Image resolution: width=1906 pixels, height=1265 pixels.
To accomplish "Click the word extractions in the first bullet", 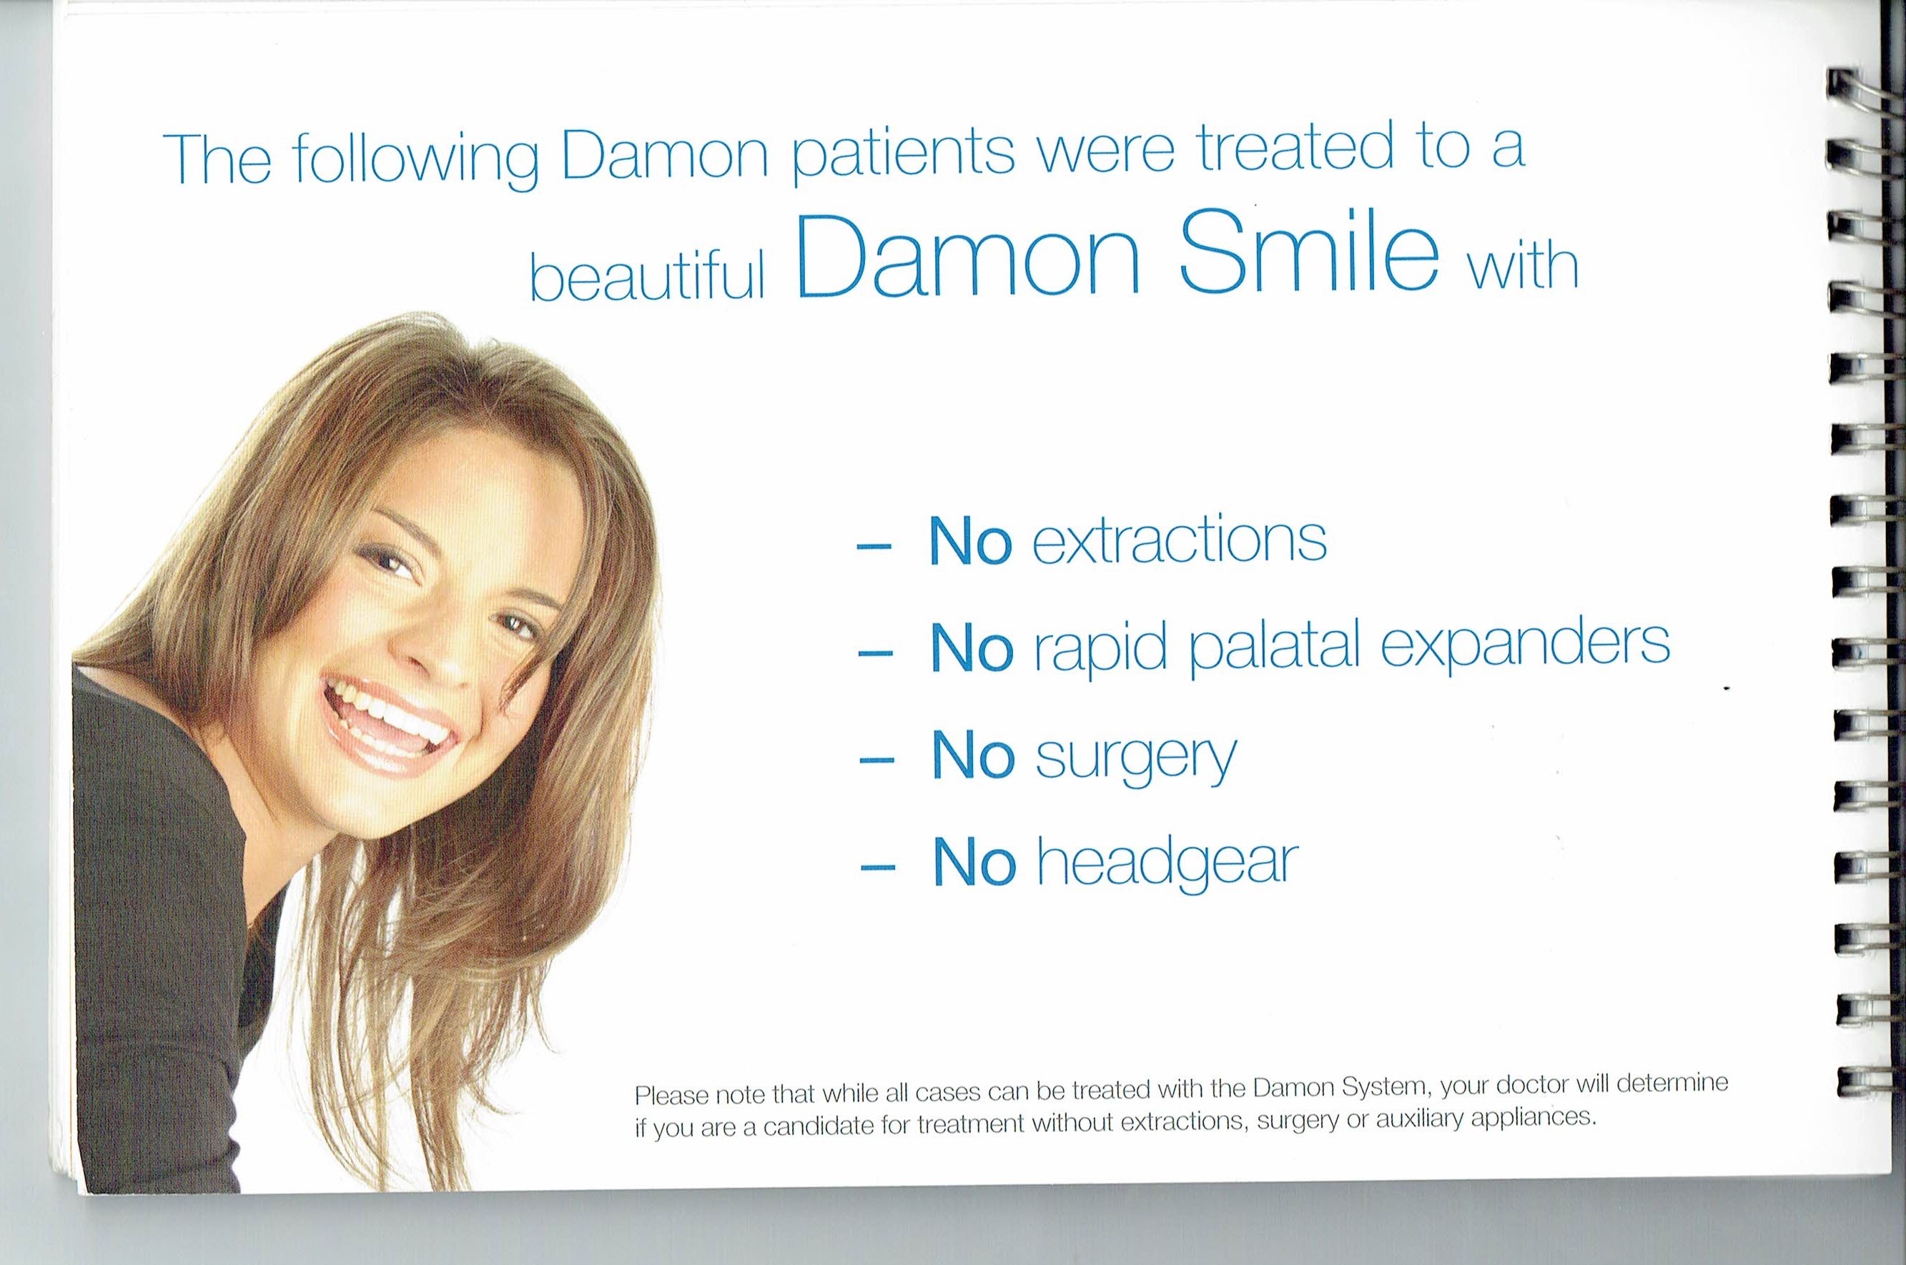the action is click(1180, 541).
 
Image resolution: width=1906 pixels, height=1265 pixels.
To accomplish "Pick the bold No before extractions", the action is click(971, 541).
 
